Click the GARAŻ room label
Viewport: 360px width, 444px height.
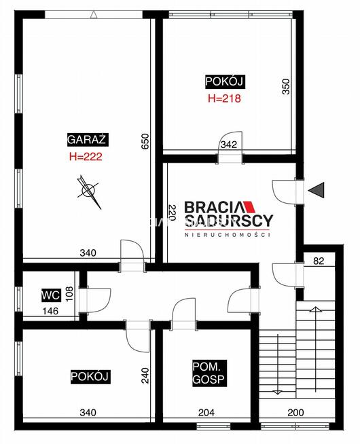pos(88,139)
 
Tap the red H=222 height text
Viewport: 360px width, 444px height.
pos(86,157)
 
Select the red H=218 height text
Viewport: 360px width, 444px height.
pos(224,98)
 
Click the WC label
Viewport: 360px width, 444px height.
pos(51,295)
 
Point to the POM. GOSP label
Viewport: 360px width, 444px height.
pos(209,373)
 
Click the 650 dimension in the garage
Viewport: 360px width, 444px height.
pos(145,142)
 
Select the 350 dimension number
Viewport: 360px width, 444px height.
pos(286,87)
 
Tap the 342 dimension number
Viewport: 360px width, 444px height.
pos(229,145)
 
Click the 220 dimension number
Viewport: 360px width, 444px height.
pos(172,212)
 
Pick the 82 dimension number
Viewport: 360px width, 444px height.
pos(319,261)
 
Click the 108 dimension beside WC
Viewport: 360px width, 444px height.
pos(69,294)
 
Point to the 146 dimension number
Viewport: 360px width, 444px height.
pos(50,311)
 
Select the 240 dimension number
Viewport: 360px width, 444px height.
pos(145,375)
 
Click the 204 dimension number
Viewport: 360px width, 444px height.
pos(206,413)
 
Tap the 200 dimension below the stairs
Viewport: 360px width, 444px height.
pos(295,413)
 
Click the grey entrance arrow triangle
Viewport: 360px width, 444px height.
pos(318,189)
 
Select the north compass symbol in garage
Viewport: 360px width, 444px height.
pos(89,191)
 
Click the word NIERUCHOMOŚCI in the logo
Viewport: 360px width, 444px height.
pos(228,234)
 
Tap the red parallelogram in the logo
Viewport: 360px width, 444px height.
pos(249,207)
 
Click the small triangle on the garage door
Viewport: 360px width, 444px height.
pos(94,15)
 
